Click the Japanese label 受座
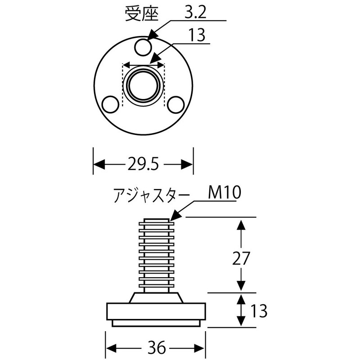(x=142, y=15)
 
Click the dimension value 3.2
(x=195, y=13)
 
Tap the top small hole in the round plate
(x=143, y=46)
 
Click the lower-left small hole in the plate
(x=109, y=104)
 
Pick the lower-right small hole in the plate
(x=175, y=104)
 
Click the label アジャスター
(x=150, y=196)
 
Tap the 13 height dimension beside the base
(x=258, y=310)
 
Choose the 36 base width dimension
(x=156, y=348)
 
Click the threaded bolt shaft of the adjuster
(x=156, y=254)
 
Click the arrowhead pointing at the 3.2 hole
(x=152, y=36)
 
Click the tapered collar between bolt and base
(x=156, y=297)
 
